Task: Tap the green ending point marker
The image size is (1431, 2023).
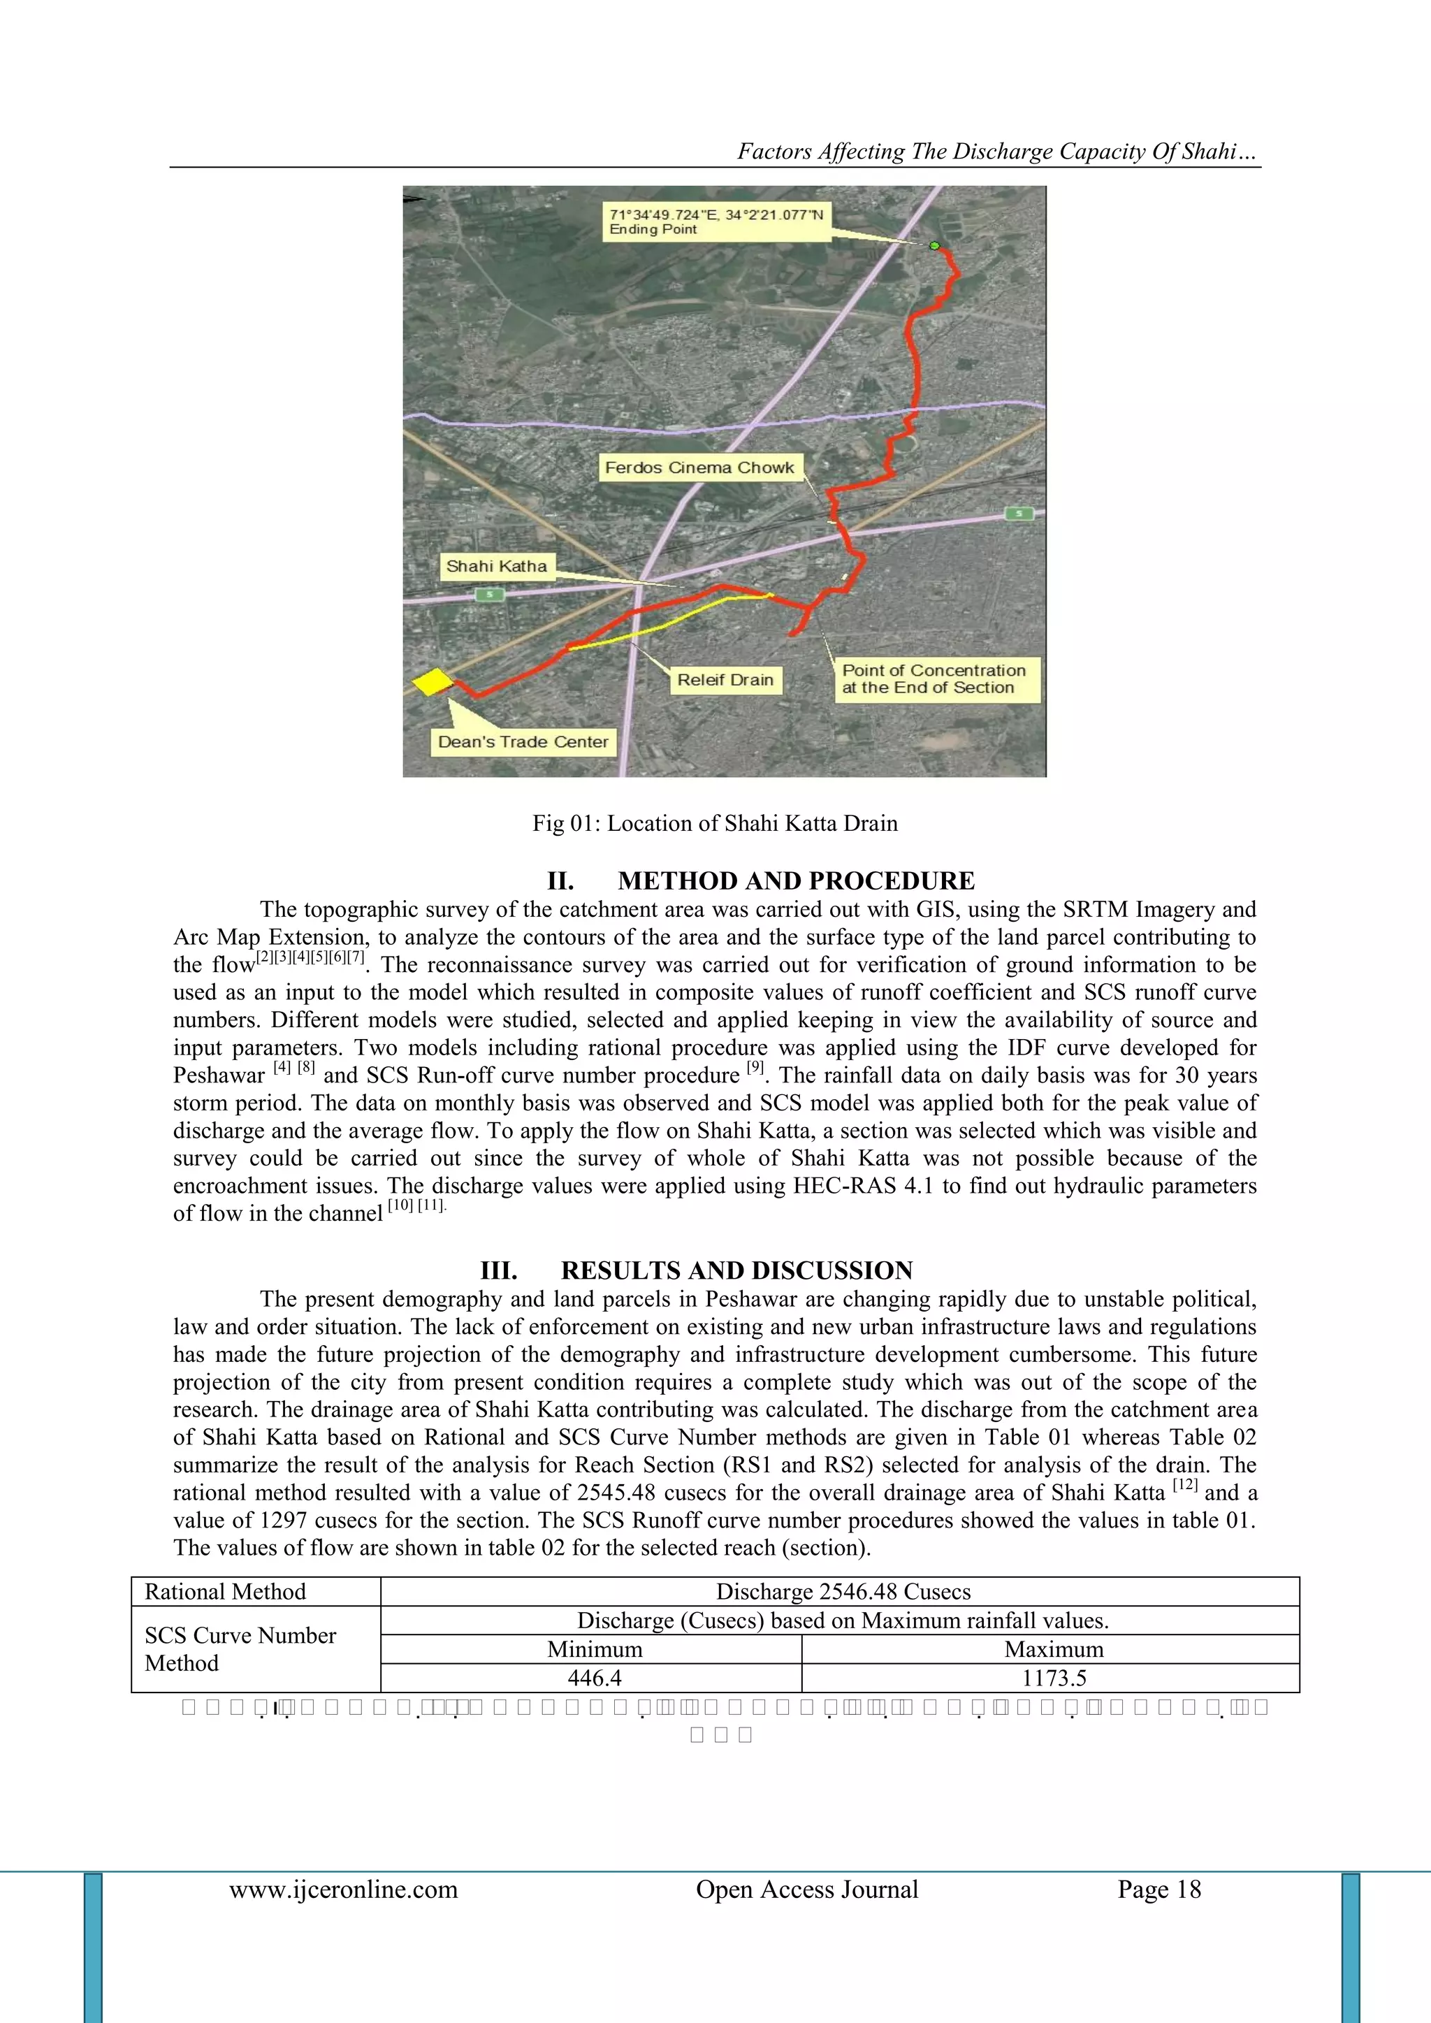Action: click(934, 246)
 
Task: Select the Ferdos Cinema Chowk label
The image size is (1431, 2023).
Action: click(699, 468)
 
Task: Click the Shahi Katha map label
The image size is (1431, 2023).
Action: click(496, 567)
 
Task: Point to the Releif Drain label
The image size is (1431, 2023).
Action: click(725, 680)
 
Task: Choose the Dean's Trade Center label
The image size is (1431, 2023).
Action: click(523, 742)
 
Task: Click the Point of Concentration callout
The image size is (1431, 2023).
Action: click(935, 679)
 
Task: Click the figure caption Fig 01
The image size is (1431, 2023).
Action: click(715, 823)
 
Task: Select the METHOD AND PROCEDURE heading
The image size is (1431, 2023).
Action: click(760, 881)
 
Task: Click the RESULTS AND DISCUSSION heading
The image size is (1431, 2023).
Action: click(696, 1270)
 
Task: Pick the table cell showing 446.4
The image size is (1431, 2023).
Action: click(594, 1678)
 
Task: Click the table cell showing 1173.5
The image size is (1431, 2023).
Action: click(1053, 1678)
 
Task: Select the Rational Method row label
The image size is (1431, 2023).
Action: click(226, 1592)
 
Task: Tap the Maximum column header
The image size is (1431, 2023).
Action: click(1053, 1649)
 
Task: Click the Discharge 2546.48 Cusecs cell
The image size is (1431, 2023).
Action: click(843, 1592)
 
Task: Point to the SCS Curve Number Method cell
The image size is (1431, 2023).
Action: click(240, 1649)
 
